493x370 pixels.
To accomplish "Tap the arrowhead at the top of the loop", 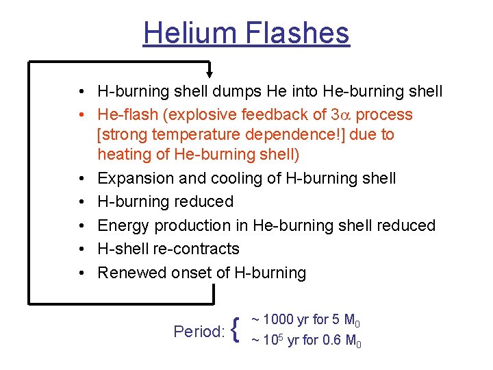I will click(211, 73).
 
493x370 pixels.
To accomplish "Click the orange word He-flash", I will click(128, 114).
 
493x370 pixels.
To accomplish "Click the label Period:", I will click(199, 332).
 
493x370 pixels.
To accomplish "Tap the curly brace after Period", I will click(236, 331).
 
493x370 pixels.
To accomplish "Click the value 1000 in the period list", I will click(278, 319).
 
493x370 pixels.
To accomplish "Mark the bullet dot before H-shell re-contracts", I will click(81, 249).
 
